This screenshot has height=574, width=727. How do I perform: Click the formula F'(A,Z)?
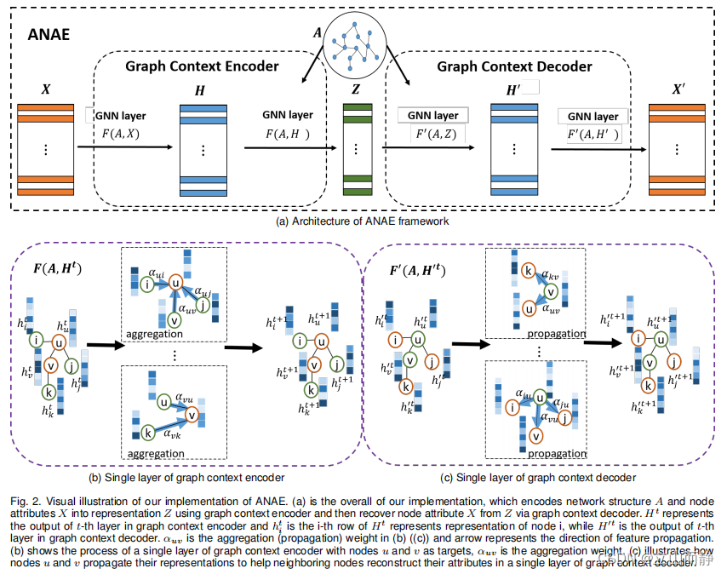tap(431, 133)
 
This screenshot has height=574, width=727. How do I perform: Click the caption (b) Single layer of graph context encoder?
tap(187, 477)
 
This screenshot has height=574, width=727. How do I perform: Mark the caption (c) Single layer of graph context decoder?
tap(539, 477)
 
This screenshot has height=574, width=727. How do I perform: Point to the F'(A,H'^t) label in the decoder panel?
tap(417, 273)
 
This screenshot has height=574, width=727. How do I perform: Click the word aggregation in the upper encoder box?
tap(152, 335)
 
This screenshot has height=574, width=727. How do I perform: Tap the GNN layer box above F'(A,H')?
tap(593, 116)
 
